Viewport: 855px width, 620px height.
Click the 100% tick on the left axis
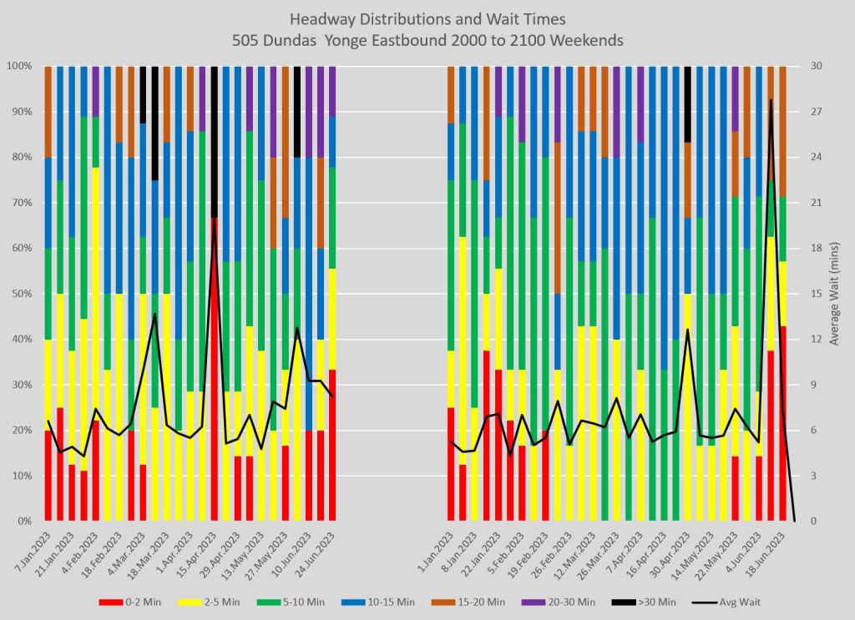tap(19, 66)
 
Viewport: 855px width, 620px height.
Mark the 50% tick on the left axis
tap(21, 294)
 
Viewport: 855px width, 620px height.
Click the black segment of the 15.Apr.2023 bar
tap(215, 142)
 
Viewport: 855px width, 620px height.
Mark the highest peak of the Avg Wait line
tap(771, 99)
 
